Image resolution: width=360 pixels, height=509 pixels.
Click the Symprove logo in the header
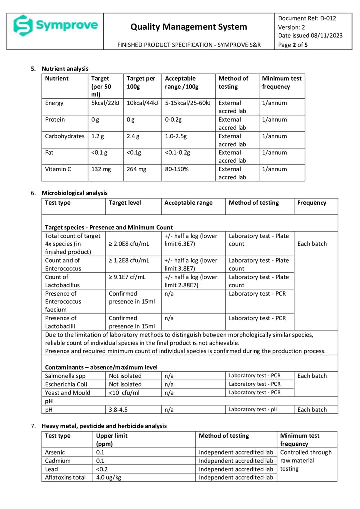[55, 25]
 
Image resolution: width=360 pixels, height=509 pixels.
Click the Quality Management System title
[189, 27]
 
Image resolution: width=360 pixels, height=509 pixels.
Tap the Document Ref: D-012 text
[307, 19]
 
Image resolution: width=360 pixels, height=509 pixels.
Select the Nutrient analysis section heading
[65, 68]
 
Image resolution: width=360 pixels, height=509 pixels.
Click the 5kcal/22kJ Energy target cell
[105, 103]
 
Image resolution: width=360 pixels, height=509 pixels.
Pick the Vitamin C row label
[58, 169]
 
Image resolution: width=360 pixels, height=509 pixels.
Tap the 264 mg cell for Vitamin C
[136, 169]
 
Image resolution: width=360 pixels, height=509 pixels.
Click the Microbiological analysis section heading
[74, 193]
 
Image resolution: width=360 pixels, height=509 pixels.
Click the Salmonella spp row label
[65, 376]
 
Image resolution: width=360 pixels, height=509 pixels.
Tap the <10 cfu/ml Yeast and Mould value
[124, 393]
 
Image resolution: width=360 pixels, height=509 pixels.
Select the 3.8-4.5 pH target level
[118, 410]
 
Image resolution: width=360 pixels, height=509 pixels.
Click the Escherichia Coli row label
[68, 384]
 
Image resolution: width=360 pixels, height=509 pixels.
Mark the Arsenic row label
[55, 452]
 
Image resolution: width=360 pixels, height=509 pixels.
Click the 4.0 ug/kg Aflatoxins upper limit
[111, 477]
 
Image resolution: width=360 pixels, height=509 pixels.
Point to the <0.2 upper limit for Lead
[103, 469]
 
